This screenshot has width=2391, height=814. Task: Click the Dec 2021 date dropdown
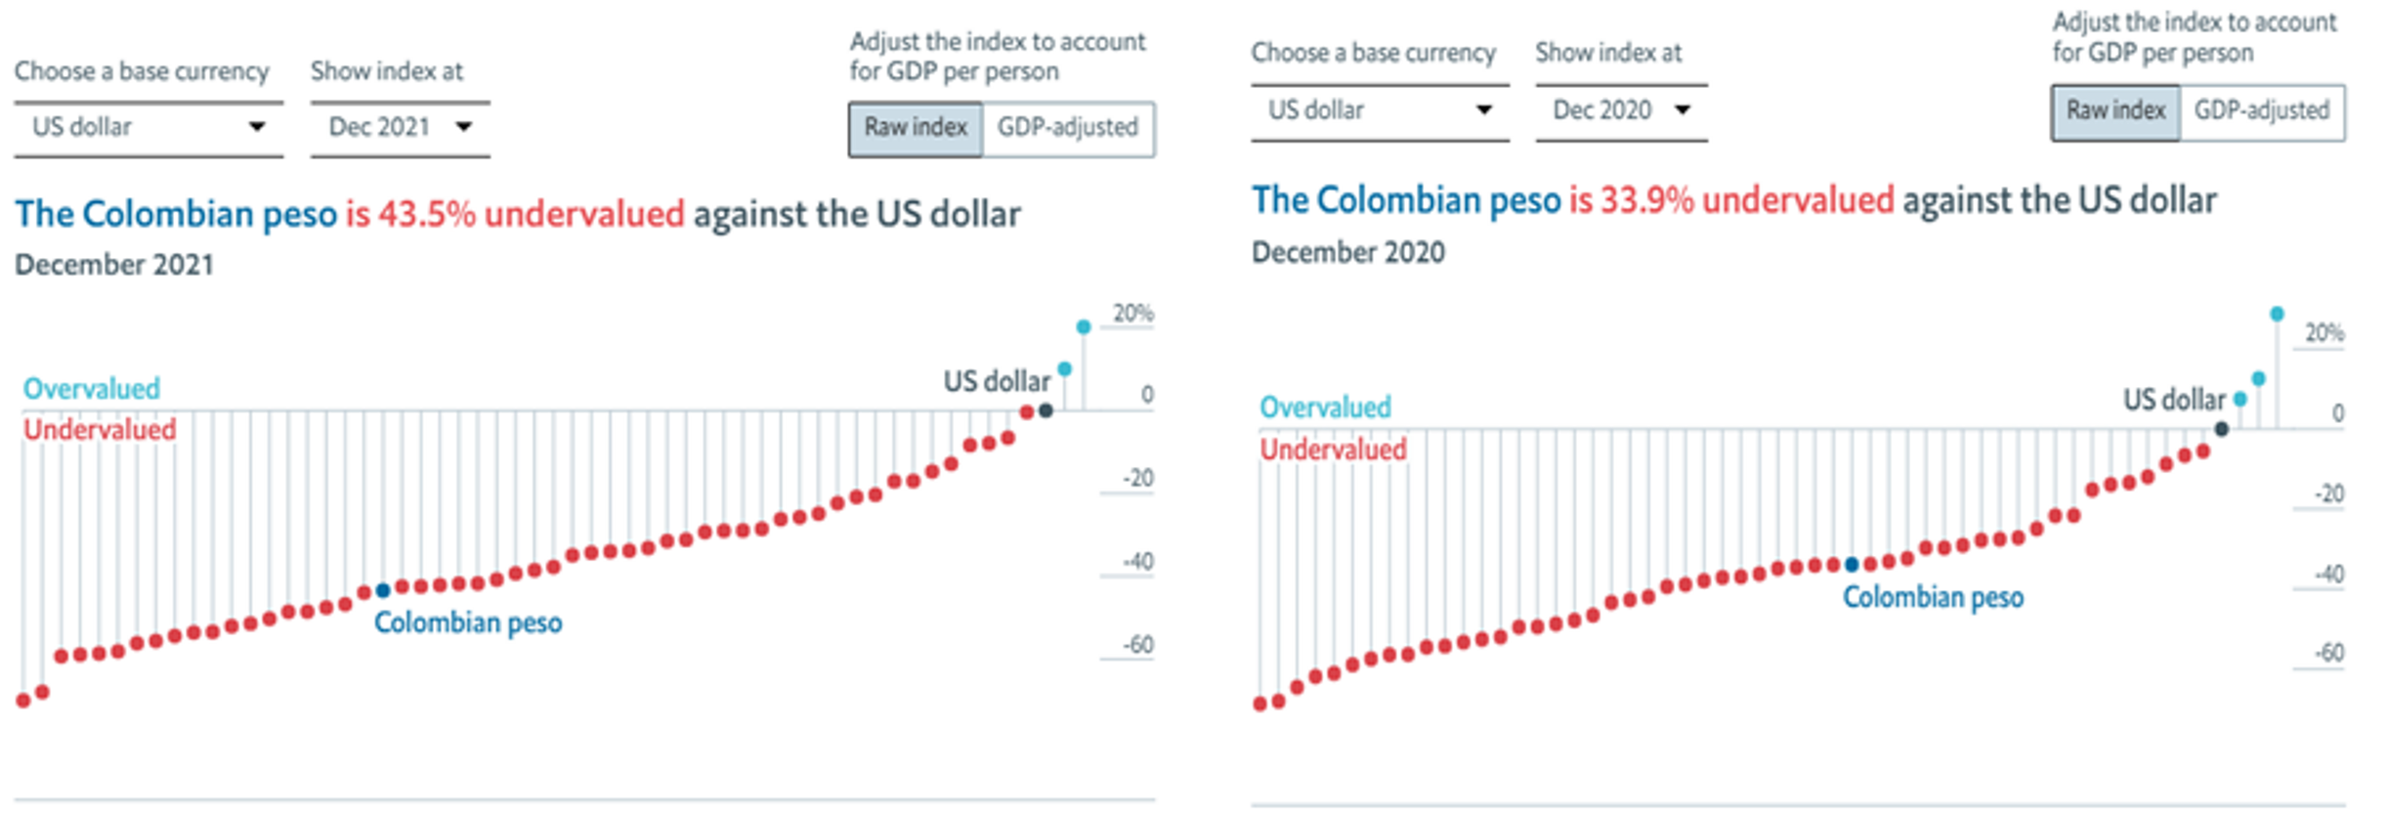[400, 127]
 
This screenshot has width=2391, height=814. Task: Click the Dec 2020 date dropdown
[1620, 110]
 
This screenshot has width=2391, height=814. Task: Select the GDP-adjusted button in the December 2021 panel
[1067, 128]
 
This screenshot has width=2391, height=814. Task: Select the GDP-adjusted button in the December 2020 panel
[2261, 111]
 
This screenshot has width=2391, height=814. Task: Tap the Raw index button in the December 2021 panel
[916, 128]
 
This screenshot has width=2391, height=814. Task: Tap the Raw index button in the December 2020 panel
[2115, 111]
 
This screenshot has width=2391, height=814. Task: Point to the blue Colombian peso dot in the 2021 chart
[383, 590]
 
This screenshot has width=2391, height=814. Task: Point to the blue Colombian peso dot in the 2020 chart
[1851, 565]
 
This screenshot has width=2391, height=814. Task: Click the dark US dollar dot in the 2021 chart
[1046, 410]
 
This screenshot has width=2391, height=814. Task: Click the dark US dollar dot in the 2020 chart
[2221, 429]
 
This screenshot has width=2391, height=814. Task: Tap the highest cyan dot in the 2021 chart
[1083, 327]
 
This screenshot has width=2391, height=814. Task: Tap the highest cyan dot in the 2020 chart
[2277, 314]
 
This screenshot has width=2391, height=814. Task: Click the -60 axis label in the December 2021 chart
[1137, 645]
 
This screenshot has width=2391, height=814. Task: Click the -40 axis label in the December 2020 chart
[2329, 574]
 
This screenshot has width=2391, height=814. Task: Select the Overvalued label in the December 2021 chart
[91, 389]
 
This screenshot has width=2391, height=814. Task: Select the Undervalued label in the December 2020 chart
[1333, 450]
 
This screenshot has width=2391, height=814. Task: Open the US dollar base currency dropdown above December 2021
[149, 127]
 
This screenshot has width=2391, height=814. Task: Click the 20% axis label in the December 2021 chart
[1133, 314]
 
